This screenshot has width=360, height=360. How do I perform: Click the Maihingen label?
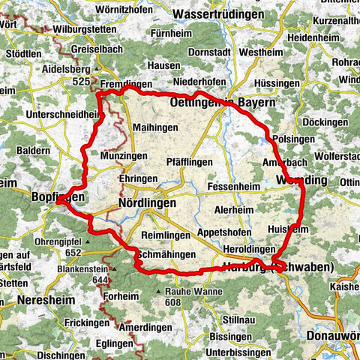click(x=154, y=128)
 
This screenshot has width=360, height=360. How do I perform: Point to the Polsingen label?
click(x=290, y=140)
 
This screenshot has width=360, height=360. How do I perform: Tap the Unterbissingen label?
click(x=236, y=352)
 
